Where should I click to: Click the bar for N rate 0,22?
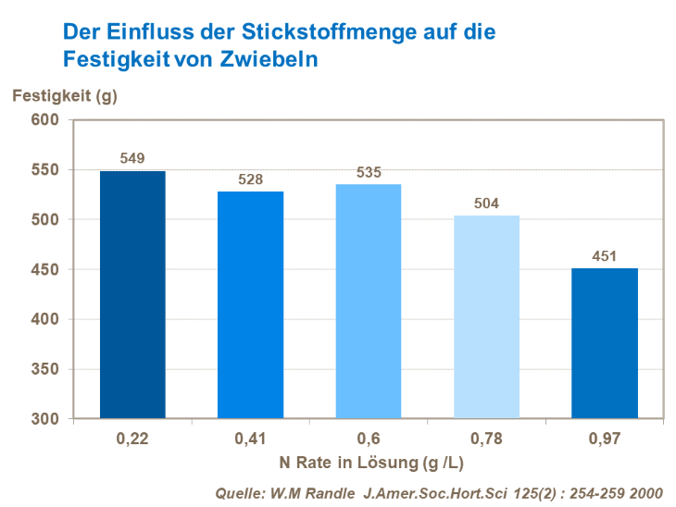(132, 294)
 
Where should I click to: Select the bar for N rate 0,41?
(250, 304)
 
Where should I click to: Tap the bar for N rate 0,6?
(369, 301)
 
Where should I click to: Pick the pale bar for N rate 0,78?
(486, 316)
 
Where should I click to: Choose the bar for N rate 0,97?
(604, 343)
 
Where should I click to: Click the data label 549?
(132, 158)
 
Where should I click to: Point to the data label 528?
(250, 179)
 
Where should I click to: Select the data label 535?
(369, 172)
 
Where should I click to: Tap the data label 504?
(486, 204)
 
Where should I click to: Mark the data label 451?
(604, 256)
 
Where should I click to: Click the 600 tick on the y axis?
(45, 120)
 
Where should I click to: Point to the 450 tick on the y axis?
(45, 269)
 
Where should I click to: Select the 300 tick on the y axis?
(45, 419)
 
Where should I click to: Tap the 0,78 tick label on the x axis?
(486, 437)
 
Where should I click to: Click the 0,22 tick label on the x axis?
(132, 437)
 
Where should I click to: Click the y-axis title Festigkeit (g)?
(64, 93)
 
